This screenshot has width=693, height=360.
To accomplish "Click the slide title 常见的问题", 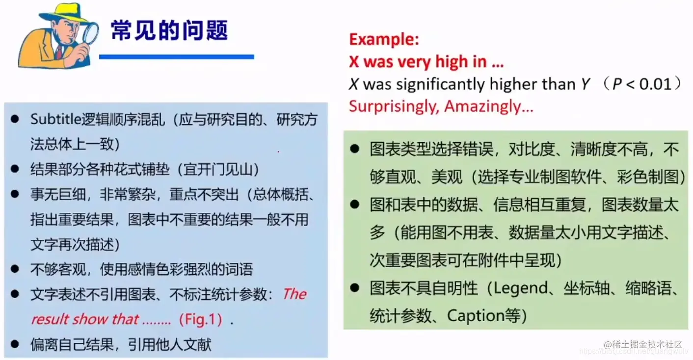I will click(169, 30).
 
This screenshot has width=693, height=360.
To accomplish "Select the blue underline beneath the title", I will click(176, 57).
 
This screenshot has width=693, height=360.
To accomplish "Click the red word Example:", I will click(384, 39).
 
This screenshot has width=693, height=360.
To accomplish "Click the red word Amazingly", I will click(488, 106).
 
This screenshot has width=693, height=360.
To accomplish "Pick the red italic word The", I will click(294, 294).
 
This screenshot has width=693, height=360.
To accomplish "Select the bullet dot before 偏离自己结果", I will click(15, 344).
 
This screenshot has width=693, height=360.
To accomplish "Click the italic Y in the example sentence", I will click(585, 84).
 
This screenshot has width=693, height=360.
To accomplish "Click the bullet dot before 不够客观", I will click(15, 269).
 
